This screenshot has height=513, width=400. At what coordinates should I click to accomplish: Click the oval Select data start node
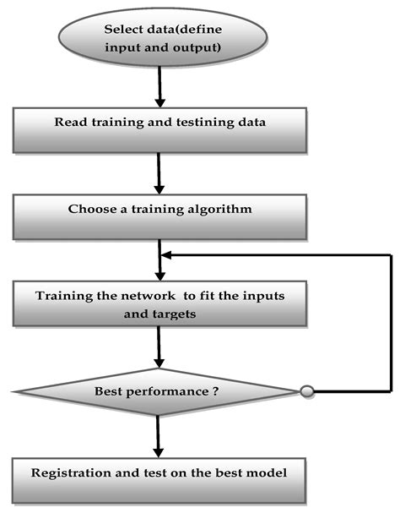coord(161,37)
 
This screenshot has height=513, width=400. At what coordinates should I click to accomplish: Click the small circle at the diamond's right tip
coord(307,392)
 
